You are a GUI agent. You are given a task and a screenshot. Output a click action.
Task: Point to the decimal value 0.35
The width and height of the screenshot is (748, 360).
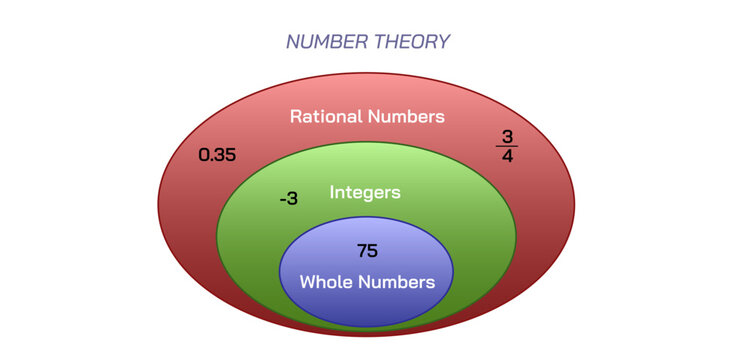tap(217, 155)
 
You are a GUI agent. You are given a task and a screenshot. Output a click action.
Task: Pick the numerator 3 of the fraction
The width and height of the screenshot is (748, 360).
tap(507, 136)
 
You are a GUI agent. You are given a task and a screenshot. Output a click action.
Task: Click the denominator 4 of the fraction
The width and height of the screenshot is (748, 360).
tap(507, 157)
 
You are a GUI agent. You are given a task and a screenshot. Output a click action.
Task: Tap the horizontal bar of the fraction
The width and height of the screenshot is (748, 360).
tap(507, 146)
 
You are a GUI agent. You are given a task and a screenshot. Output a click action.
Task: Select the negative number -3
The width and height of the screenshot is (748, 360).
tap(288, 198)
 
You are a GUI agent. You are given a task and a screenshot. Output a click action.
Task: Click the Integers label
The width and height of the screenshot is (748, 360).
tap(365, 191)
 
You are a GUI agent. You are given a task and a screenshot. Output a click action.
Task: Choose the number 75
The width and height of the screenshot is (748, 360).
tap(367, 250)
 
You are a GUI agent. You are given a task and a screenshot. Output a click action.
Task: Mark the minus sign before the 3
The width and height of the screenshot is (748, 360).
tap(282, 199)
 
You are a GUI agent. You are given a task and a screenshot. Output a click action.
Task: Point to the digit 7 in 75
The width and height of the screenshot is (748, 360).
tap(361, 250)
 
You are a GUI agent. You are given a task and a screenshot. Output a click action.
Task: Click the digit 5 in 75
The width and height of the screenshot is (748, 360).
tap(373, 250)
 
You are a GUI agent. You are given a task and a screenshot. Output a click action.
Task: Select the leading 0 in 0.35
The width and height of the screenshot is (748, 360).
tap(204, 155)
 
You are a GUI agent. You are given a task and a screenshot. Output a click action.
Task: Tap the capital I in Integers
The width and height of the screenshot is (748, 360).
tap(332, 191)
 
